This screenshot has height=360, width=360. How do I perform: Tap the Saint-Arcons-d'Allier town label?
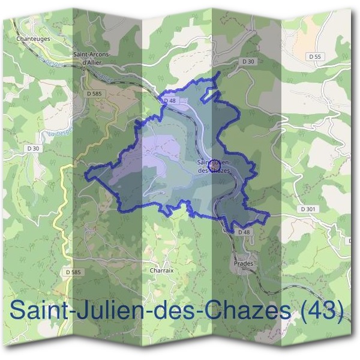click(92, 58)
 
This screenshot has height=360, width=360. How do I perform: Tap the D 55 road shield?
click(314, 56)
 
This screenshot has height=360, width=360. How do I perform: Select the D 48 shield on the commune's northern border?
click(170, 101)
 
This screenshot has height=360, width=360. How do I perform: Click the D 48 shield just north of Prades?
click(243, 232)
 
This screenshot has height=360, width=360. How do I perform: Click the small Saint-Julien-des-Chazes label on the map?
click(214, 166)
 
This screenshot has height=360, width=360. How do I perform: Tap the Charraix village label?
click(161, 271)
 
